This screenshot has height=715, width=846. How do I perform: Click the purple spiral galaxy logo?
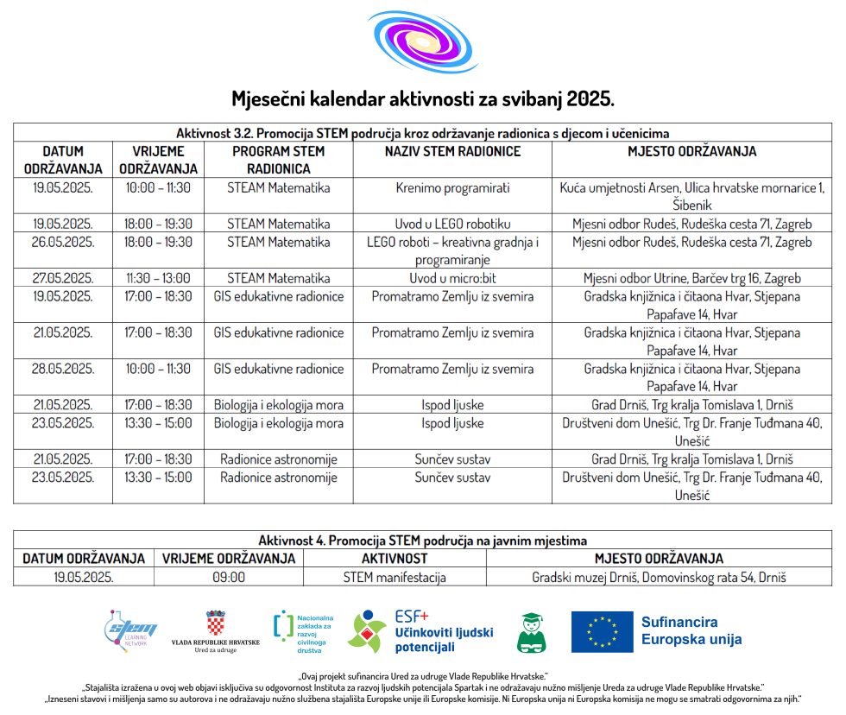coord(423,43)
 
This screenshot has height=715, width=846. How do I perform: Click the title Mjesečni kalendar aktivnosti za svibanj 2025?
coord(423,98)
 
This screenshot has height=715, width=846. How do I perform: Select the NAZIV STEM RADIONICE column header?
coord(452,151)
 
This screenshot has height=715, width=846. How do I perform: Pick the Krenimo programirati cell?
coord(452,187)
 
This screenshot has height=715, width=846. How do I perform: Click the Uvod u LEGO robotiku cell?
coord(452,224)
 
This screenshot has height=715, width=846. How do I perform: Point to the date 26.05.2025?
coord(63,242)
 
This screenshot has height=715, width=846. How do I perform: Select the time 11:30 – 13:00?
coord(158,278)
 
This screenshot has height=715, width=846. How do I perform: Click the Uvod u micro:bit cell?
coord(452,278)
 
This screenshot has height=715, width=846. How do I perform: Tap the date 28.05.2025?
coord(63,369)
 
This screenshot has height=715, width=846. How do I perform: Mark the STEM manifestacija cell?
coord(395,577)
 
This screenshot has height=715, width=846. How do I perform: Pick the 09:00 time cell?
coord(229,577)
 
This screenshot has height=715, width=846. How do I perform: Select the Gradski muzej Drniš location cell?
coord(659,577)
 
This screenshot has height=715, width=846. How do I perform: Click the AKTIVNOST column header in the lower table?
coord(395,559)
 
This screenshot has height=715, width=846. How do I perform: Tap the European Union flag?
coord(601,631)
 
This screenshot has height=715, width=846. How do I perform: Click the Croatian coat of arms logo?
coord(216,623)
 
